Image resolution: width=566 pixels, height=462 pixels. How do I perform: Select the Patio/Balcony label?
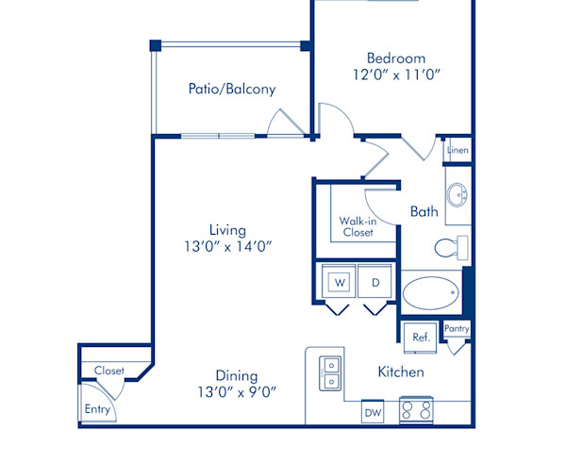click(x=232, y=90)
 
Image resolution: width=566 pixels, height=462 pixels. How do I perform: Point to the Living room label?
click(x=228, y=229)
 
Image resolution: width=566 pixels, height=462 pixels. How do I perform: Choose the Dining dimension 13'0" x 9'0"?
click(x=237, y=390)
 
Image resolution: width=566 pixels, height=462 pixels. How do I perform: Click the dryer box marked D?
click(x=375, y=282)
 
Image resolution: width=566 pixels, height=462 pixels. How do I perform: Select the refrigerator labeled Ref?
click(x=420, y=337)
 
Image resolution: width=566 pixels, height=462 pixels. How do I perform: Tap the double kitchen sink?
click(x=331, y=373)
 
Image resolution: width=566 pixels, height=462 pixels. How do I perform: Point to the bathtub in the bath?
click(x=431, y=294)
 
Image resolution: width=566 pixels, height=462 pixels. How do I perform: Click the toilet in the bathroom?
click(x=450, y=248)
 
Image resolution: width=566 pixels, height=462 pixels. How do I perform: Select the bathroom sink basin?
click(x=458, y=196)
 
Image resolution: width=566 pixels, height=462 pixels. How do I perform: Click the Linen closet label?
click(x=458, y=150)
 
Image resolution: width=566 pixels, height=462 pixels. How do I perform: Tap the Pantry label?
click(x=458, y=329)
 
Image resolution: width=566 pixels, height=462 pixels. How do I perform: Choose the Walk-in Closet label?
click(x=357, y=226)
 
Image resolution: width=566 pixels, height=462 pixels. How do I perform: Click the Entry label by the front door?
click(x=97, y=409)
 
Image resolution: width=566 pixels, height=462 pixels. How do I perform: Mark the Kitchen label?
click(x=401, y=372)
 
